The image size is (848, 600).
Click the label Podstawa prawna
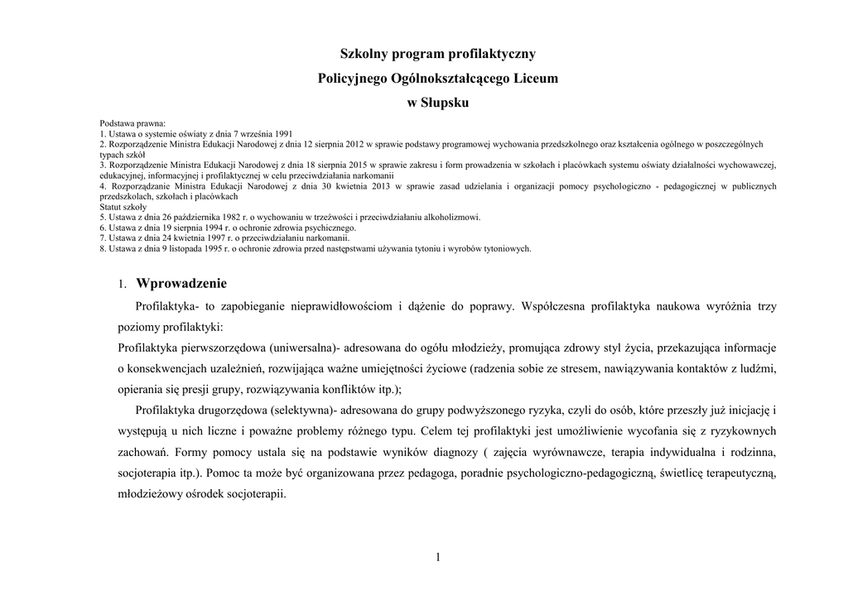[132, 123]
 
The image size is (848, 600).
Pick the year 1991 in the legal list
[283, 133]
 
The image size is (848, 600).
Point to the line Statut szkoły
[123, 207]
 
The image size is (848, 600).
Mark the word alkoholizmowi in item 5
[451, 218]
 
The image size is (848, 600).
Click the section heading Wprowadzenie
[181, 284]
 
